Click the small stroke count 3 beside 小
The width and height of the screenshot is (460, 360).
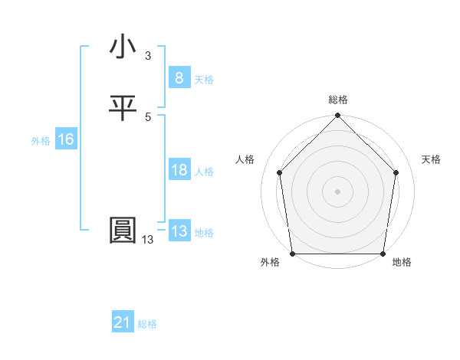[x=147, y=56]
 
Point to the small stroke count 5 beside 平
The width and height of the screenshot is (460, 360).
[x=147, y=116]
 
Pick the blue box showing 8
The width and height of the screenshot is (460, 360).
[x=179, y=77]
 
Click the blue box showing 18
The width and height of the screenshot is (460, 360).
[x=179, y=170]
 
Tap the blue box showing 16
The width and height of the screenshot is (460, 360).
[x=65, y=139]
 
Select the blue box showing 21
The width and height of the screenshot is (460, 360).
[x=123, y=322]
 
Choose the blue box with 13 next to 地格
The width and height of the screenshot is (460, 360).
[x=179, y=231]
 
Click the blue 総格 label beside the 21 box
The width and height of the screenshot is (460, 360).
[x=147, y=324]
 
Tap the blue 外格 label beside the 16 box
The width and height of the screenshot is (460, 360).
[x=41, y=141]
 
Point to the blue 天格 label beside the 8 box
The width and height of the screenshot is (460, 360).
[x=204, y=79]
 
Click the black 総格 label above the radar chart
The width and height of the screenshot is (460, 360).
[x=338, y=100]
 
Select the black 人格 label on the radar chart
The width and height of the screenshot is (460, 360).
[x=245, y=159]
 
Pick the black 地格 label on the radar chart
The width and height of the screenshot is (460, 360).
[x=402, y=262]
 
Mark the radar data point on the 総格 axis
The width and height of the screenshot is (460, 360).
[x=337, y=116]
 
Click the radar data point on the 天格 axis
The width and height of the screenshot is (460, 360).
[x=396, y=172]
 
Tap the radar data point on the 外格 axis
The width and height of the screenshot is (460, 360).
[x=292, y=254]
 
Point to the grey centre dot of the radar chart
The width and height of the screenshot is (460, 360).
[x=337, y=191]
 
